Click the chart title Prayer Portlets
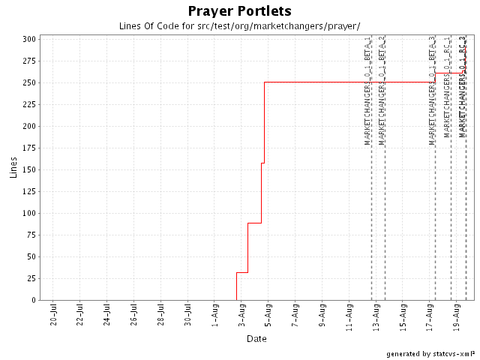click(239, 11)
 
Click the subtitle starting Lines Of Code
click(239, 25)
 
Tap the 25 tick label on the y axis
click(31, 278)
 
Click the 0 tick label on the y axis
click(33, 300)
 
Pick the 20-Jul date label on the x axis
click(53, 316)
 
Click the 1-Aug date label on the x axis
click(214, 316)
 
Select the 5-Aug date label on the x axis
click(268, 316)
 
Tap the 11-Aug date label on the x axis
click(349, 316)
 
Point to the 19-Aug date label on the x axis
click(457, 316)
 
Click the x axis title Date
click(257, 339)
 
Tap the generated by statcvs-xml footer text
click(431, 353)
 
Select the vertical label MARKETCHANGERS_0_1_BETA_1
click(367, 90)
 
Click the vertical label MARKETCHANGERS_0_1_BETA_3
click(432, 90)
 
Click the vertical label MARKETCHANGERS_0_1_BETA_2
click(382, 90)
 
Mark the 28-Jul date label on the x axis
click(160, 316)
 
